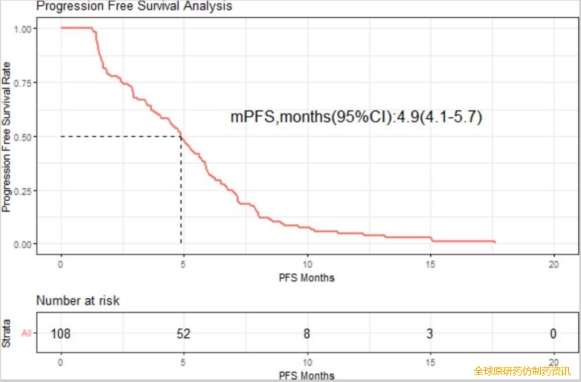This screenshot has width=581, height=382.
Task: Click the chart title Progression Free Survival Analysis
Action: [134, 6]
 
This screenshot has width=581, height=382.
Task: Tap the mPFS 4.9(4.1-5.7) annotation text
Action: [356, 117]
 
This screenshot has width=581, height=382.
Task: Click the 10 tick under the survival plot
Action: [307, 265]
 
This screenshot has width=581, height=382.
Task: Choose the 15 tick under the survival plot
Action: [430, 265]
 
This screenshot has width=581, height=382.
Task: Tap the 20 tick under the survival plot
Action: [554, 265]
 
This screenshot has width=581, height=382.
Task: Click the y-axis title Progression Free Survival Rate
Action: [7, 137]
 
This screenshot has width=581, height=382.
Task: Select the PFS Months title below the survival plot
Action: [307, 278]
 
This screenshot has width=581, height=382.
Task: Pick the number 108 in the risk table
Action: [61, 334]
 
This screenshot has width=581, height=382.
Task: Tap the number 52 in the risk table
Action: [183, 334]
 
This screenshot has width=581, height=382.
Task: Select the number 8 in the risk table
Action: [307, 334]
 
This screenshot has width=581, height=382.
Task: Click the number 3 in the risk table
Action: [430, 334]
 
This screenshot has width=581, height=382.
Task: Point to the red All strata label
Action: [26, 334]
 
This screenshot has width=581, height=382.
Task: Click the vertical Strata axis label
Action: [7, 334]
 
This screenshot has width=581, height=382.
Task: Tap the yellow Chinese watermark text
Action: [521, 371]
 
